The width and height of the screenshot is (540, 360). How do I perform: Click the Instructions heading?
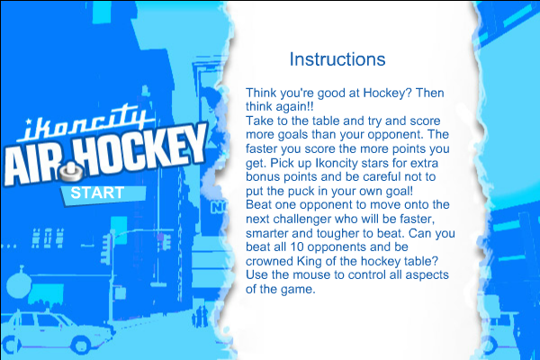(337, 59)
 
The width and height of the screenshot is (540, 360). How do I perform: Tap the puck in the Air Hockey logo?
(72, 172)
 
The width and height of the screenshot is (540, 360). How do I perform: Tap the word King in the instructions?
(310, 261)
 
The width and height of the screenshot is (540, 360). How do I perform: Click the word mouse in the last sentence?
(310, 275)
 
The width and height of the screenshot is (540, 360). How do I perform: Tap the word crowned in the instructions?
(269, 261)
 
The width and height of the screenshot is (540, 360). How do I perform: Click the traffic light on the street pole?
(106, 248)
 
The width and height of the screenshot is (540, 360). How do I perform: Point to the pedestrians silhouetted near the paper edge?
(200, 316)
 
